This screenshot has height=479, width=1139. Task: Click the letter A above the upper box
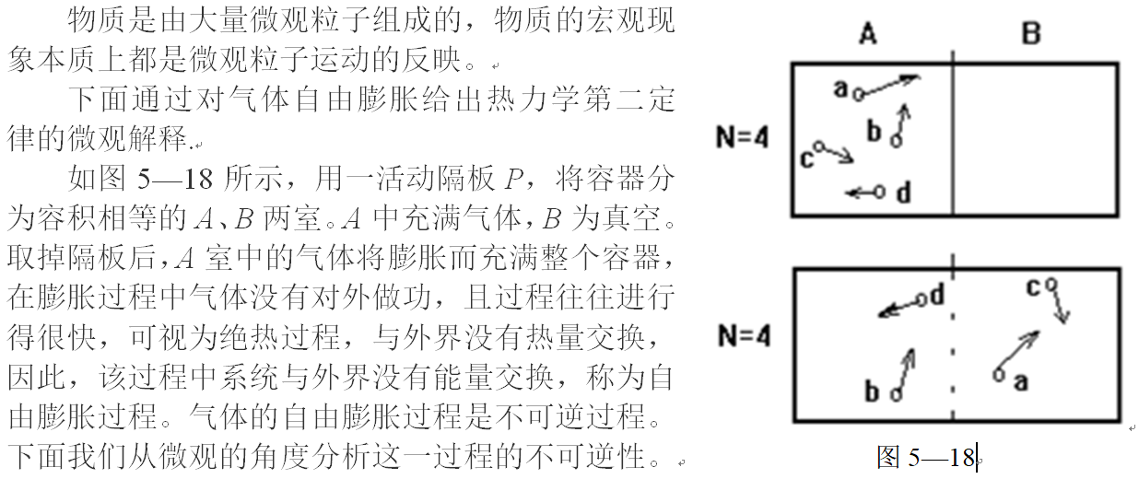pos(867,34)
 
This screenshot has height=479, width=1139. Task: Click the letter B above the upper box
pos(1031,34)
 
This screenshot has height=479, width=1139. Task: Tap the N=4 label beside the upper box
pos(742,139)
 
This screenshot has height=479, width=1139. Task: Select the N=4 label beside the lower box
pos(742,335)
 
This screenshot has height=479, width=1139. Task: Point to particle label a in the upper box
pos(840,88)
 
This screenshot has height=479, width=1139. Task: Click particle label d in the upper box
pos(903,193)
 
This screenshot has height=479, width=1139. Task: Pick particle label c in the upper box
pos(805,158)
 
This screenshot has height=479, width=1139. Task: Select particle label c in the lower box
pos(1033,287)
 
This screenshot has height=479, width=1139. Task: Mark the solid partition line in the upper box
pos(952,138)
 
